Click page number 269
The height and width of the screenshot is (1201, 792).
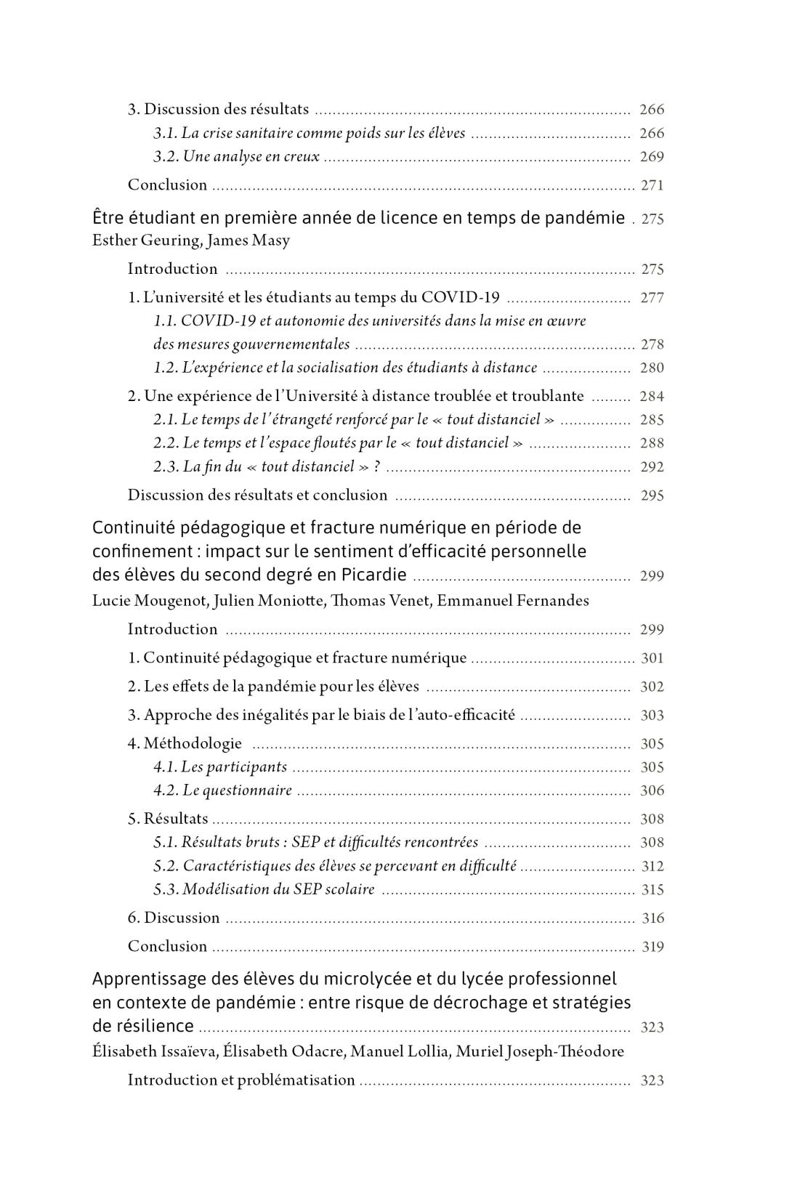click(651, 157)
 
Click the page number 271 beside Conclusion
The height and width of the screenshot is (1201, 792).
click(652, 185)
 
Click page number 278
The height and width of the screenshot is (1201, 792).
click(652, 344)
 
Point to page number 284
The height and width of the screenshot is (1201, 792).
click(651, 397)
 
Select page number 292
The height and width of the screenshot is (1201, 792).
click(651, 467)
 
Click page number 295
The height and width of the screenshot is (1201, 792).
click(651, 496)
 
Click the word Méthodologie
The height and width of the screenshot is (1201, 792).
click(193, 743)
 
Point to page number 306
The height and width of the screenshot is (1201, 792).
click(651, 791)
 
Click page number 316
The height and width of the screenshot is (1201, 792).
click(652, 918)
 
